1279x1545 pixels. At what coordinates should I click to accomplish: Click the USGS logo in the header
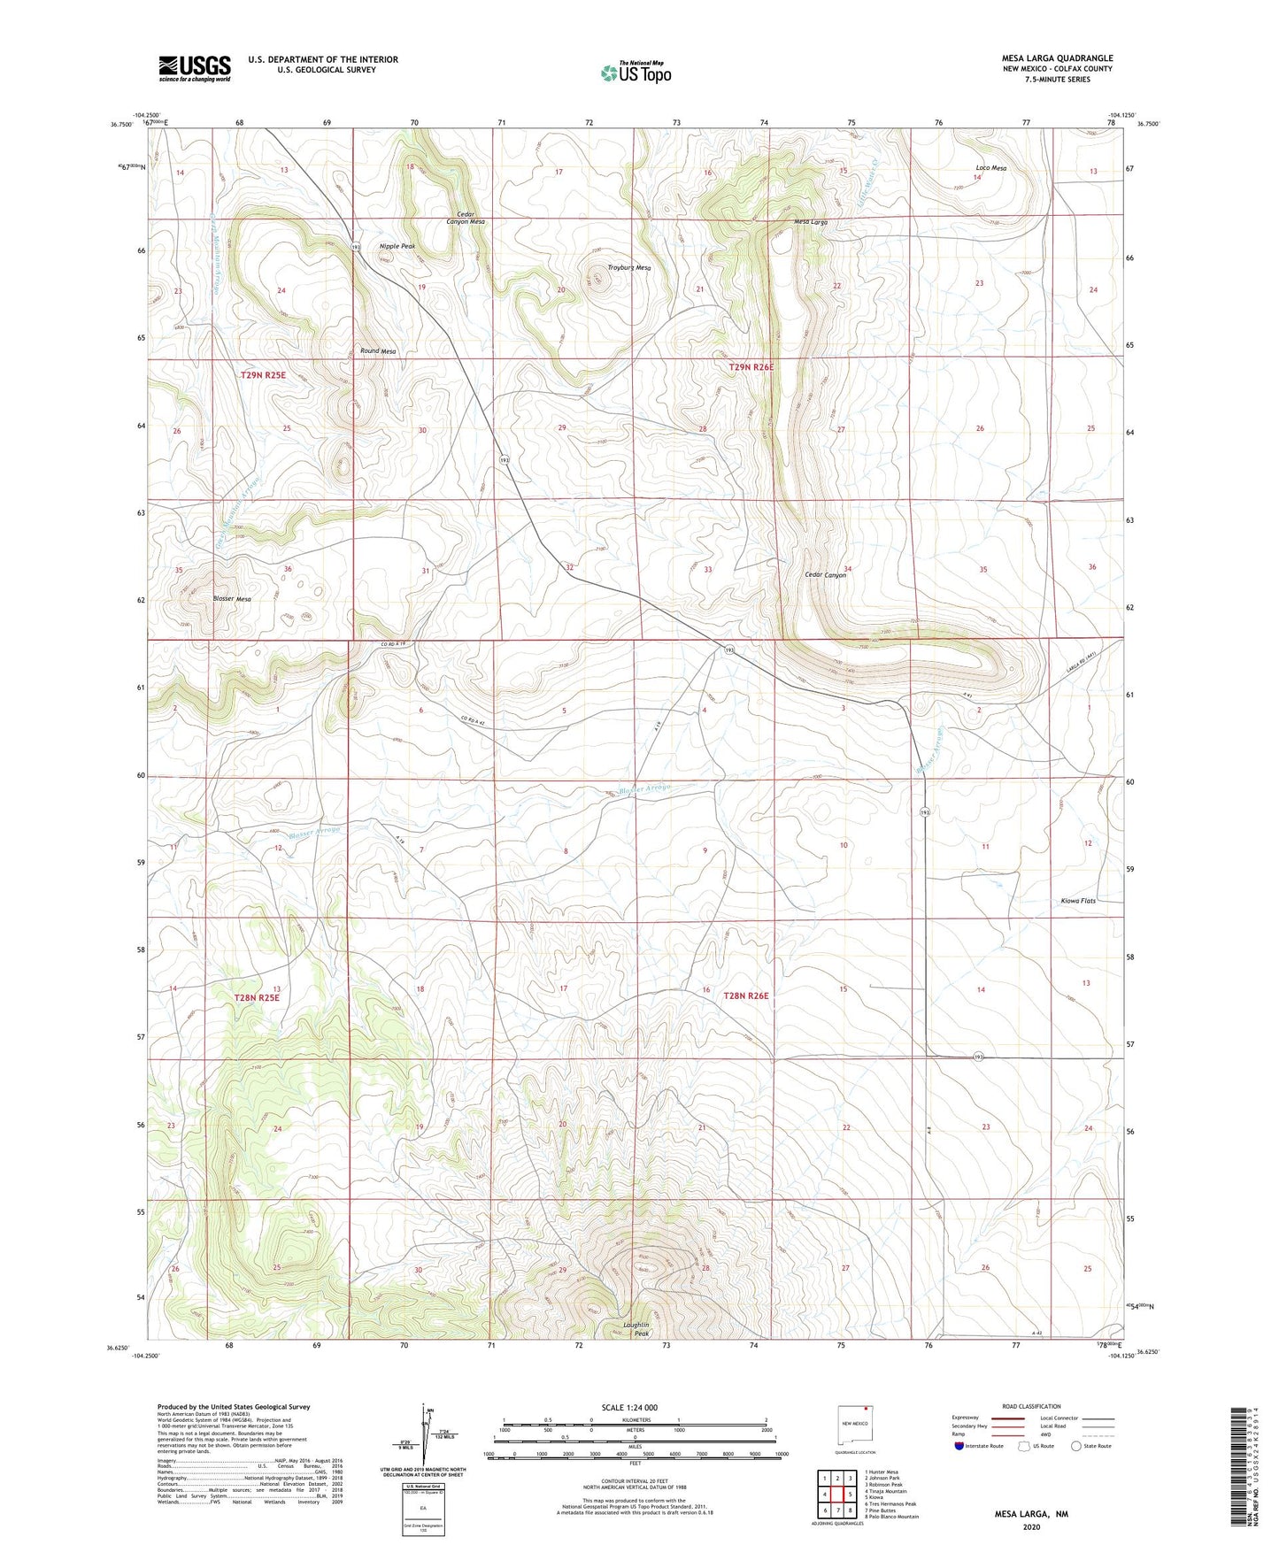[x=195, y=68]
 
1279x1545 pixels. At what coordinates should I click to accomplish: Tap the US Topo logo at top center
[x=635, y=73]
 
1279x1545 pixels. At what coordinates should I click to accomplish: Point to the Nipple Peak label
[x=397, y=246]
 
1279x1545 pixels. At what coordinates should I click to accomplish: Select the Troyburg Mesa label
[x=629, y=268]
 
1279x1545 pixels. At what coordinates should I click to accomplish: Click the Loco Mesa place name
[x=990, y=168]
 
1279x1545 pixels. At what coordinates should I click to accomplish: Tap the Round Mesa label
[x=377, y=351]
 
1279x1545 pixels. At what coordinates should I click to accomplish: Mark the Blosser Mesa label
[x=232, y=599]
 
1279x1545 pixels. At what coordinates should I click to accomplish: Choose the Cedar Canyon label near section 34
[x=825, y=575]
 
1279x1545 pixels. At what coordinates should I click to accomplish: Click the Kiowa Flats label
[x=1077, y=901]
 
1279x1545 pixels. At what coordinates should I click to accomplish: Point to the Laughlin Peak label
[x=636, y=1329]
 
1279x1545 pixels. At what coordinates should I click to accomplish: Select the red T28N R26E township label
[x=746, y=996]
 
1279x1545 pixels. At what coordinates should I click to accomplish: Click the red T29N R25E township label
[x=263, y=375]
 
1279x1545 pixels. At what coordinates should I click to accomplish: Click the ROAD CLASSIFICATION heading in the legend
[x=1031, y=1406]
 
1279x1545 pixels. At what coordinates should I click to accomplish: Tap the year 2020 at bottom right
[x=1031, y=1527]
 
